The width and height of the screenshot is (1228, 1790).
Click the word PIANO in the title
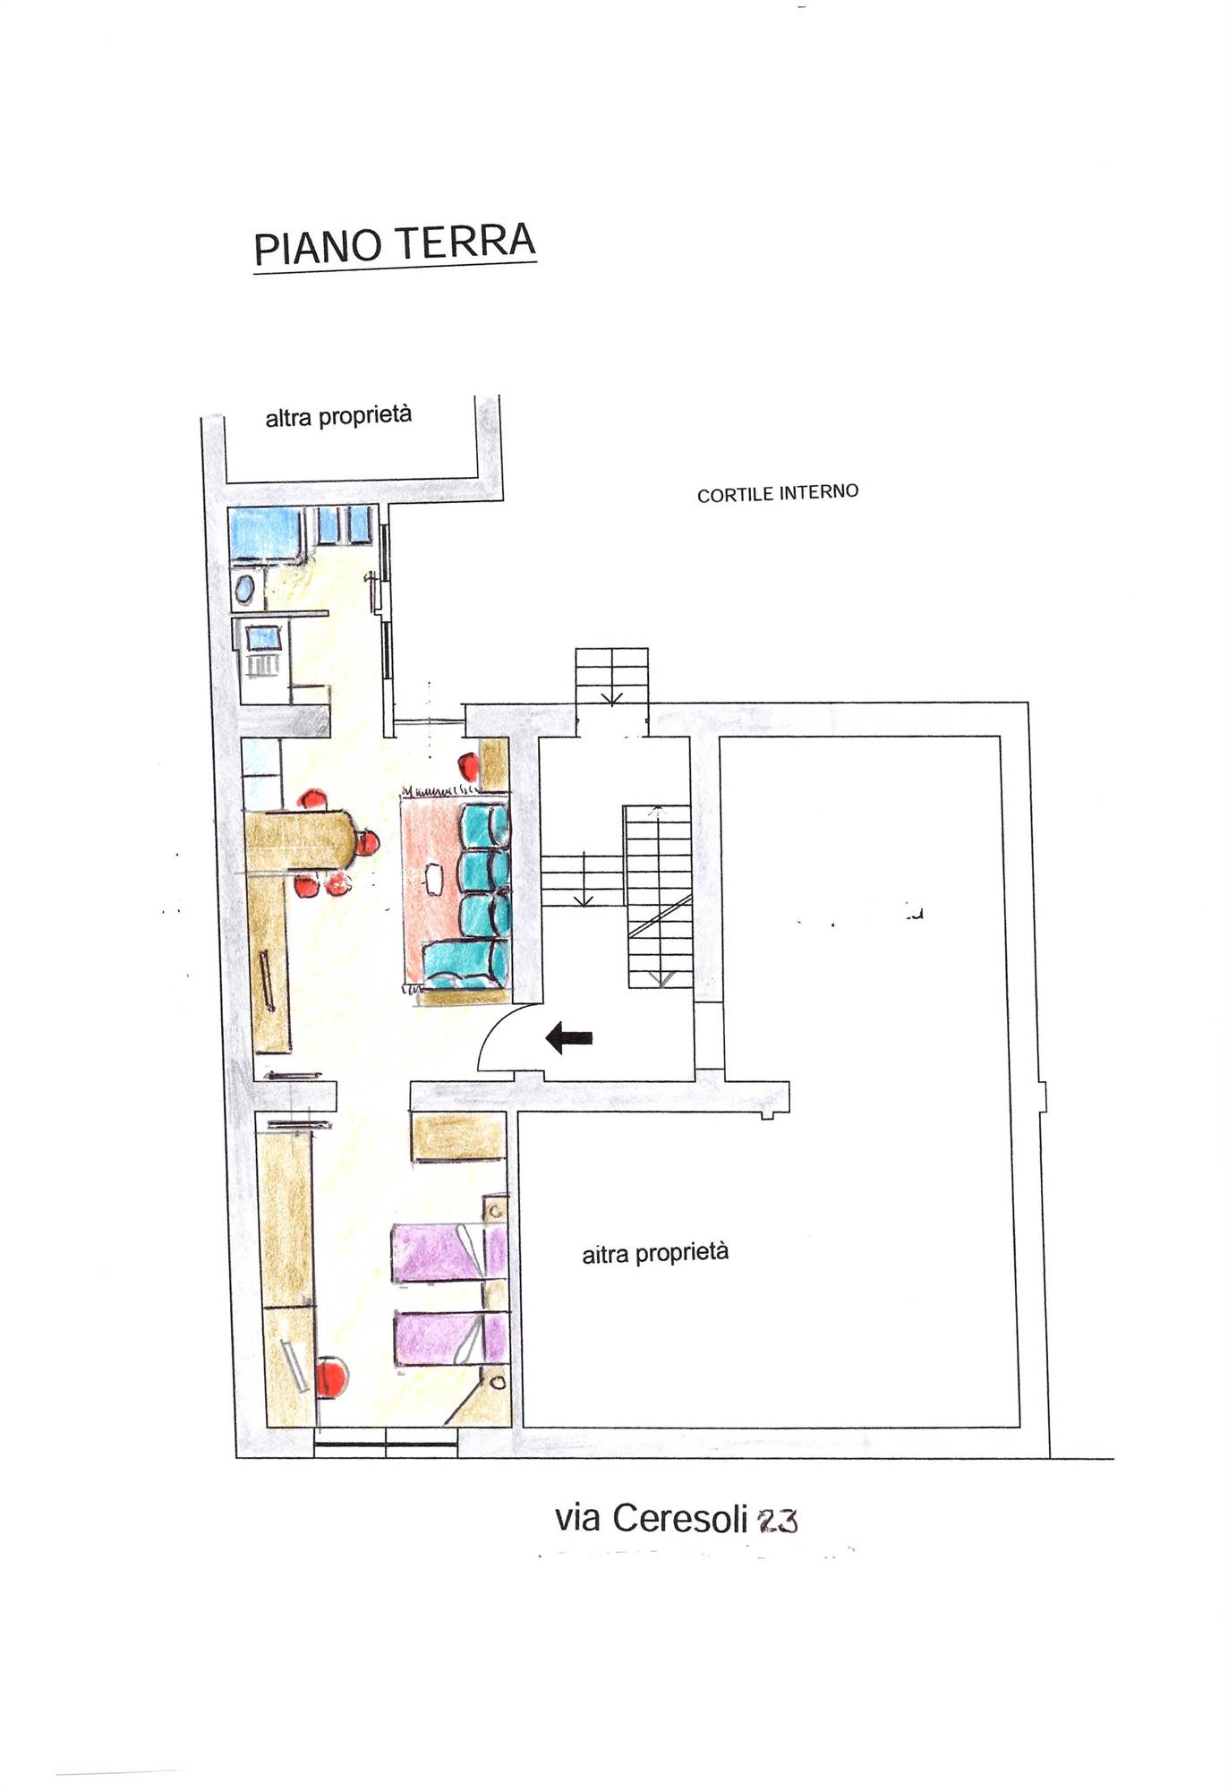(317, 247)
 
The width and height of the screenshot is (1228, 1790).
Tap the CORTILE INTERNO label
(778, 493)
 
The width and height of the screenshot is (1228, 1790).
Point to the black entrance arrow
(569, 1038)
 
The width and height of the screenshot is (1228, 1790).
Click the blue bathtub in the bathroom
(266, 533)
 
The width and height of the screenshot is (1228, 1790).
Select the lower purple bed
(450, 1339)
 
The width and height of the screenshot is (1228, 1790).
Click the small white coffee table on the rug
(435, 877)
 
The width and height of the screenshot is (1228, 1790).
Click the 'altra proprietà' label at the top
(338, 416)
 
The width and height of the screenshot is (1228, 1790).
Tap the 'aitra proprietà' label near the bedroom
(655, 1253)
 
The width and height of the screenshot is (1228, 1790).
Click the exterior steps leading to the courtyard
(611, 677)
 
